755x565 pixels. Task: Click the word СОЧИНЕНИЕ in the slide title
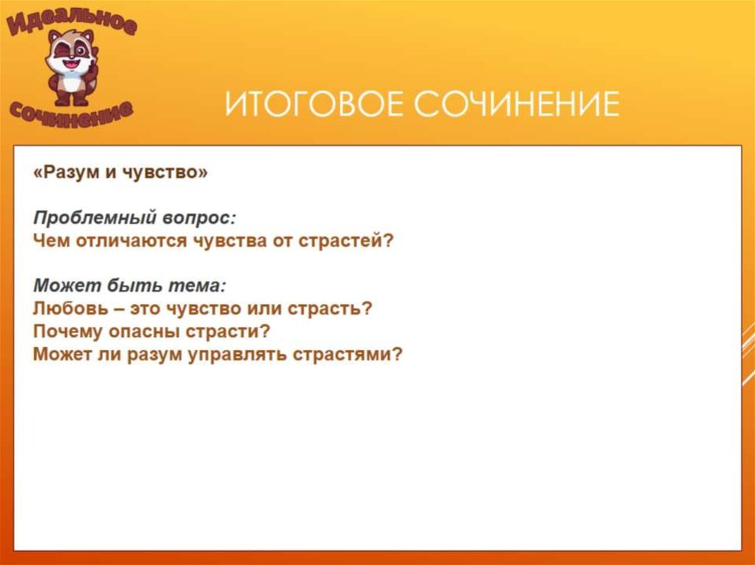tap(516, 105)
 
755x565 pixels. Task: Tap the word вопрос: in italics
tap(200, 218)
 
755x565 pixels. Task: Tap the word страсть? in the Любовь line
tap(335, 309)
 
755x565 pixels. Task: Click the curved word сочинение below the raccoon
tap(71, 110)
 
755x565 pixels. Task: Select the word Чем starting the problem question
tap(51, 241)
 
